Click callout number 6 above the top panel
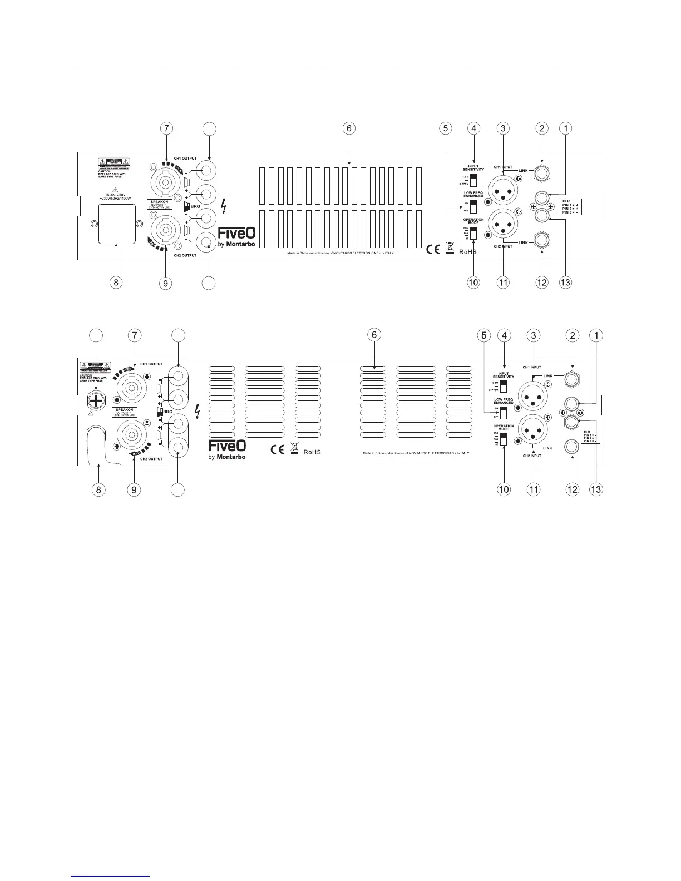(348, 128)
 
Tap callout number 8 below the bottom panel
(98, 489)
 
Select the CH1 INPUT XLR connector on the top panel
(503, 192)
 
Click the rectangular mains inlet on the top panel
(116, 224)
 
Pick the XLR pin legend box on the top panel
(569, 206)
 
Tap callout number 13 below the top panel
(565, 283)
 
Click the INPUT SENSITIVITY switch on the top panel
(473, 180)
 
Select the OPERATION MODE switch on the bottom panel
(503, 438)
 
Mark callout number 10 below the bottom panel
(504, 489)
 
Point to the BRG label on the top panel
(195, 206)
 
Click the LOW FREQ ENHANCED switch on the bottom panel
(503, 412)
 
